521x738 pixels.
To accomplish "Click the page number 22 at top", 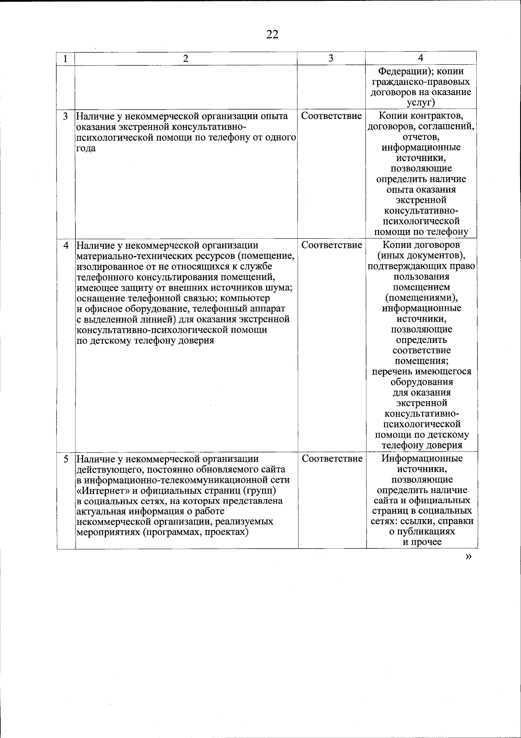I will click(272, 34).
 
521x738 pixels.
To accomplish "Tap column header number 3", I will click(331, 58).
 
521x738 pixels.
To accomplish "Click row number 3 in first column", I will click(66, 116).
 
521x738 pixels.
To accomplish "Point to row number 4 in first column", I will click(66, 245).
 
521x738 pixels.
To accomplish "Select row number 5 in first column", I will click(66, 459).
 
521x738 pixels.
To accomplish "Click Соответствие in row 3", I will click(331, 116).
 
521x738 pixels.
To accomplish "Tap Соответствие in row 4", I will click(332, 245).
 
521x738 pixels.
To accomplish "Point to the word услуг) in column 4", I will click(421, 103).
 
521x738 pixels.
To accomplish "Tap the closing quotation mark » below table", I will click(468, 557).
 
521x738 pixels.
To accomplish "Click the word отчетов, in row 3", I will click(421, 137).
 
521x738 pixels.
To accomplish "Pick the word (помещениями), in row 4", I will click(421, 298).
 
